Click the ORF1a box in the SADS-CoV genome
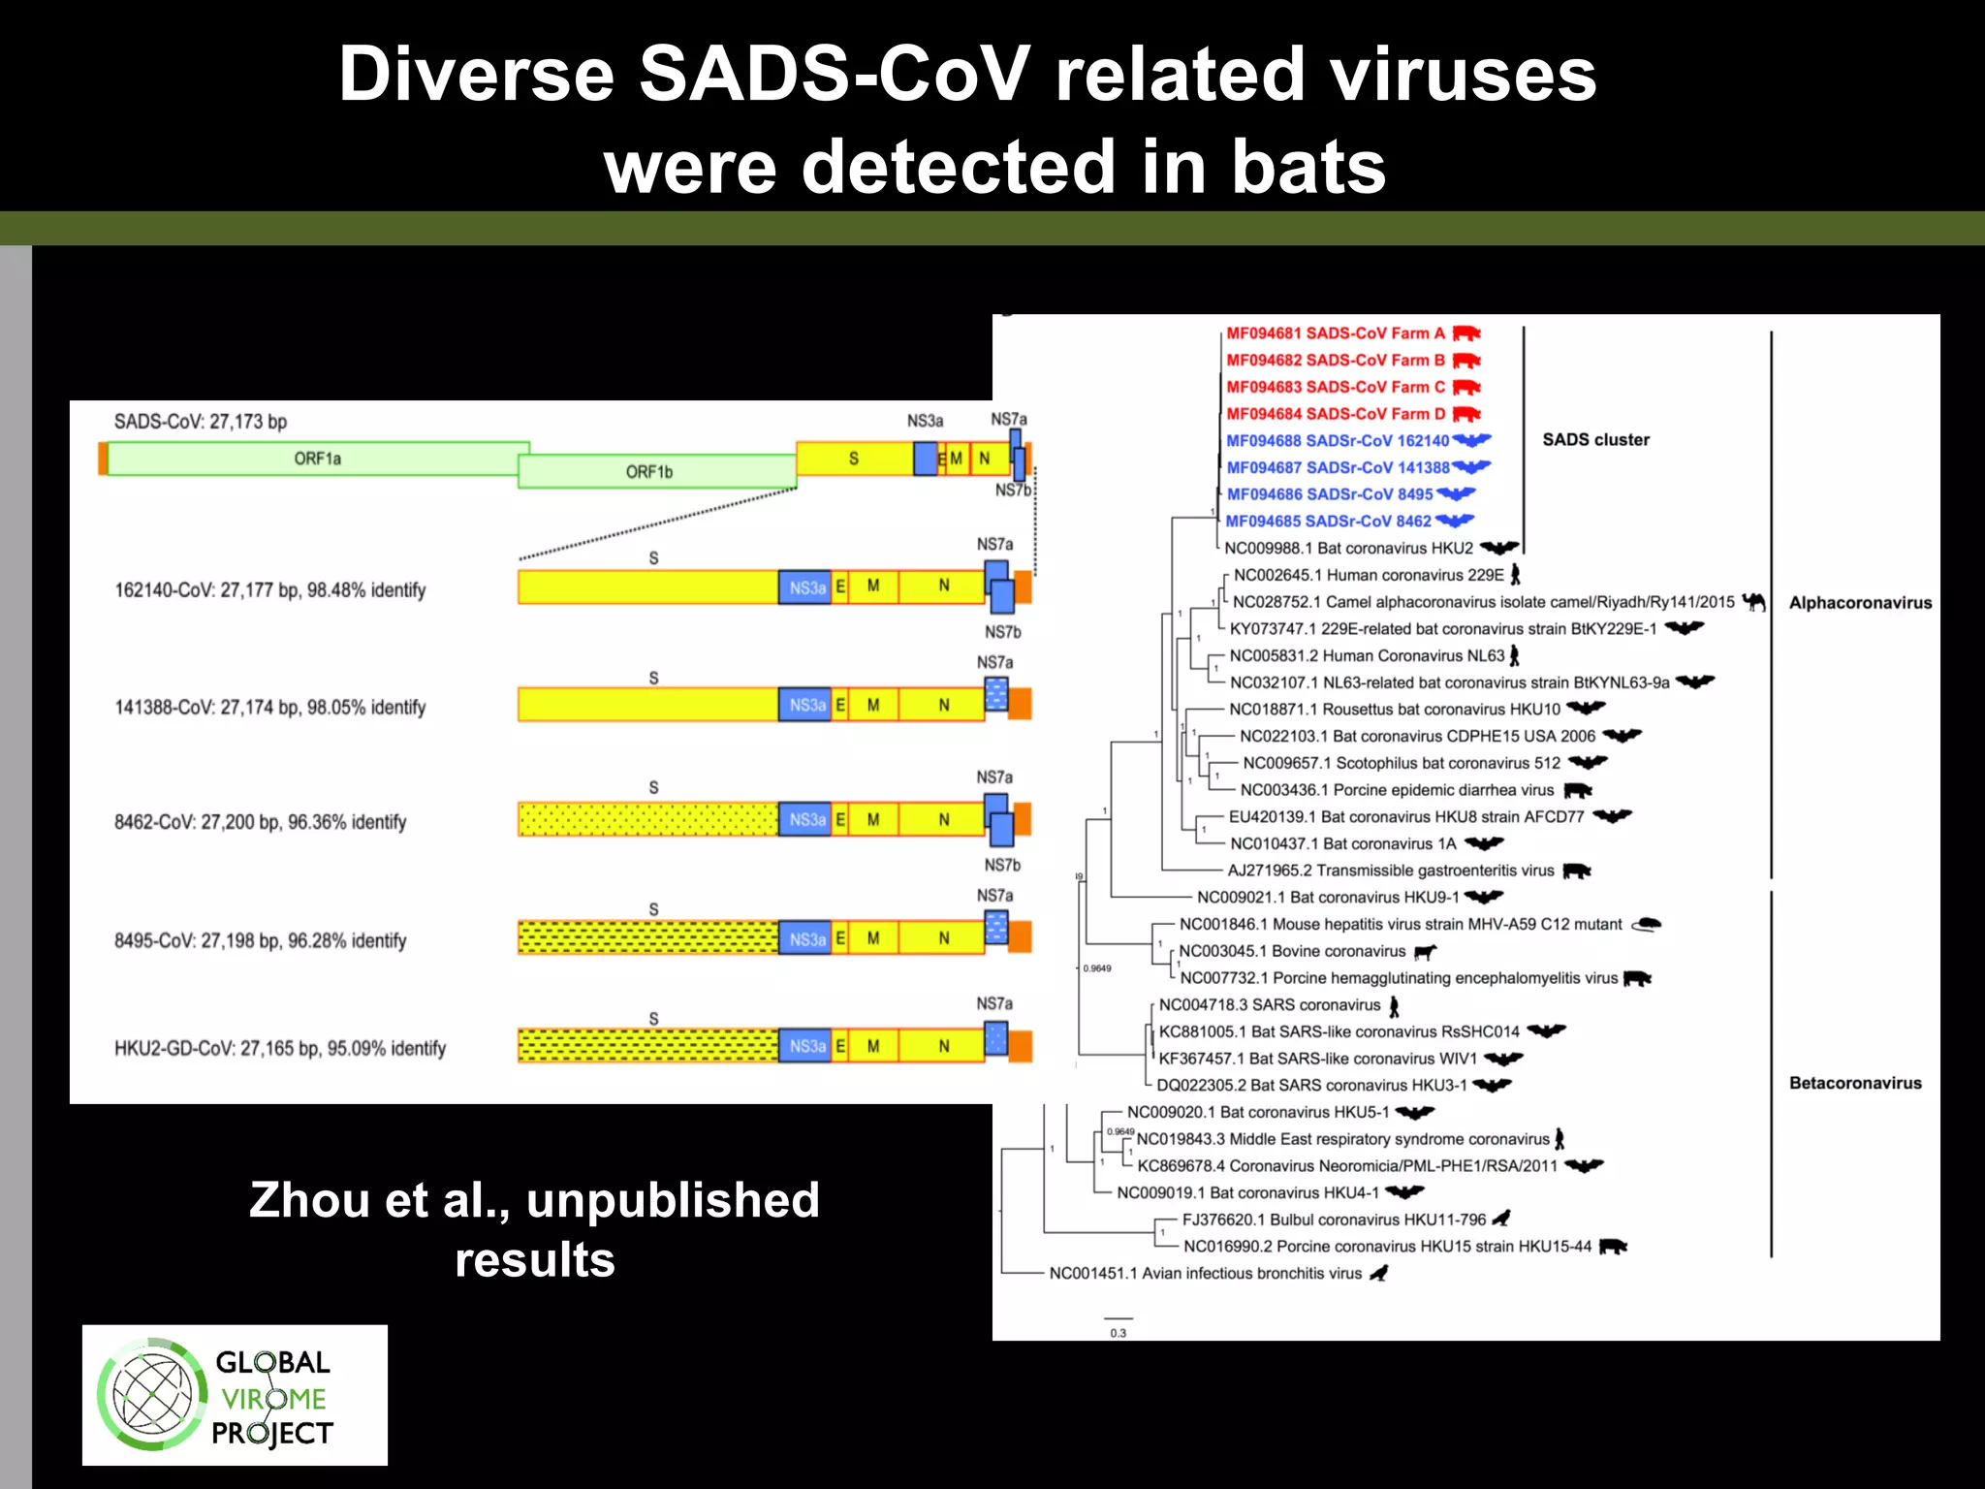(x=318, y=459)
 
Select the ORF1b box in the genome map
(x=657, y=472)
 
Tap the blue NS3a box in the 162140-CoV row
(x=805, y=587)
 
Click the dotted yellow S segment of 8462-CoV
(x=647, y=819)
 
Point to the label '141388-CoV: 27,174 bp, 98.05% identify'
(x=270, y=707)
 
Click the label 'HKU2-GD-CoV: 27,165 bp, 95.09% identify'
(x=280, y=1048)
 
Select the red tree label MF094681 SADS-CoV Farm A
(x=1336, y=333)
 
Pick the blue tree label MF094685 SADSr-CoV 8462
(x=1329, y=522)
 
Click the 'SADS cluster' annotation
(x=1595, y=440)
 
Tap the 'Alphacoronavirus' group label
(x=1860, y=603)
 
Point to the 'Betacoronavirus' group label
(x=1855, y=1083)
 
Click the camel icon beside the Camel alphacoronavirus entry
(x=1753, y=602)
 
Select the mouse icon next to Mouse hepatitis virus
(x=1647, y=924)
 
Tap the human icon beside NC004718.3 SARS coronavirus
(x=1394, y=1005)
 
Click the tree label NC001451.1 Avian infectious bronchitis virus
(x=1206, y=1273)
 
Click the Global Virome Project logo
(x=235, y=1395)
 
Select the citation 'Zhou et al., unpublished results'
(x=535, y=1229)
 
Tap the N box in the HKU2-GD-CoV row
(x=943, y=1046)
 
